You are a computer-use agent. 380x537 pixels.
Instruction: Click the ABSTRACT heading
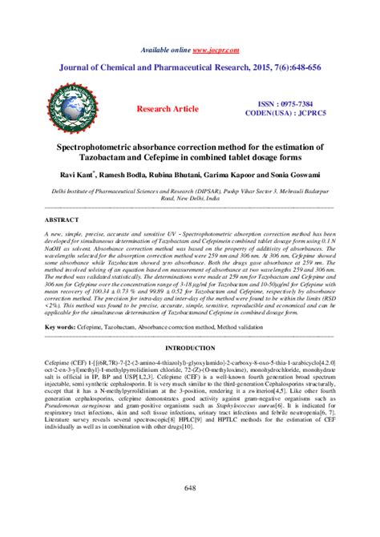(x=62, y=219)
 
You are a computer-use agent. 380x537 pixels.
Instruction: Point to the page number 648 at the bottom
(x=190, y=488)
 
